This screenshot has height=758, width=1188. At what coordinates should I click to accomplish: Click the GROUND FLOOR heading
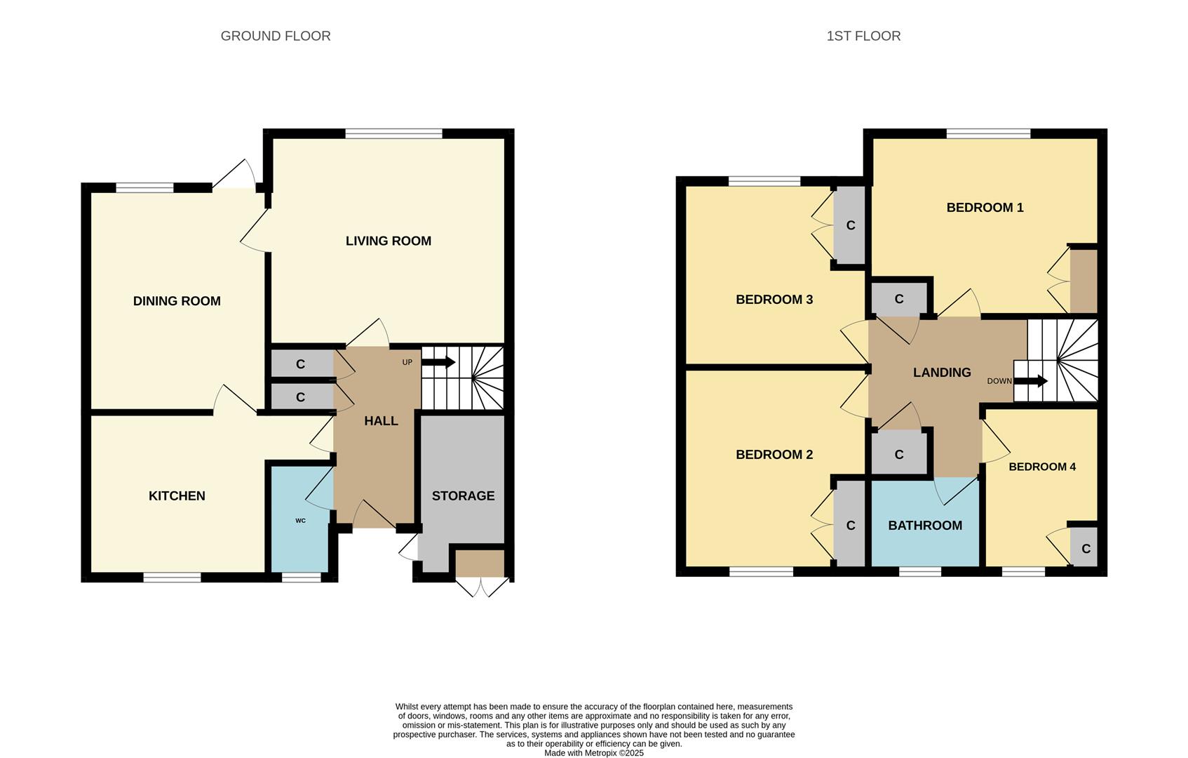(276, 36)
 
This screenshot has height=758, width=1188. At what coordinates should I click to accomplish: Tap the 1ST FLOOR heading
(863, 36)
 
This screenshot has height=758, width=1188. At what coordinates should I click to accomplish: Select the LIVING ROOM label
(388, 241)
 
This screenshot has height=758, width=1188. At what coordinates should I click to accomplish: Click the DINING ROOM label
(177, 301)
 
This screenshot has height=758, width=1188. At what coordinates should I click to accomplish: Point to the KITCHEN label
(177, 496)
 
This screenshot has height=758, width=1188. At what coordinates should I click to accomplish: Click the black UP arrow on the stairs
(439, 362)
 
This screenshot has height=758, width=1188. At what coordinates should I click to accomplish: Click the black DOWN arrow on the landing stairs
(1031, 381)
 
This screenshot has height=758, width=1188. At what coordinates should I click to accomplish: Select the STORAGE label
(463, 496)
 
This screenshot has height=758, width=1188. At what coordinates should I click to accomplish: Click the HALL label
(381, 421)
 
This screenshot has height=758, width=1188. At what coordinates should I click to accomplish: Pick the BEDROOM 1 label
(985, 207)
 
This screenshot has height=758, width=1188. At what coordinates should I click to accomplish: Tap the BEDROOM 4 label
(1041, 467)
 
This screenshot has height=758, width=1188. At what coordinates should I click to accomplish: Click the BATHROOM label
(925, 526)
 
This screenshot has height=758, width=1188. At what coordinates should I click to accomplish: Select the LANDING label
(942, 373)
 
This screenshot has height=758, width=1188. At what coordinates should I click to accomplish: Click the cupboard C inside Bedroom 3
(851, 225)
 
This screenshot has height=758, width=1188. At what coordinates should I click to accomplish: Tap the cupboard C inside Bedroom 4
(1085, 549)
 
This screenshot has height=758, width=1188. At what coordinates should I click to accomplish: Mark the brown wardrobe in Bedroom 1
(1083, 281)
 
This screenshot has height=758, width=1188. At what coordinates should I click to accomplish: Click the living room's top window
(394, 133)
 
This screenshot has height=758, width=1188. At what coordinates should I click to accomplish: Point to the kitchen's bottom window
(172, 578)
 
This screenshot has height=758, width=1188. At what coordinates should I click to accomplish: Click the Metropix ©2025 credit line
(593, 753)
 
